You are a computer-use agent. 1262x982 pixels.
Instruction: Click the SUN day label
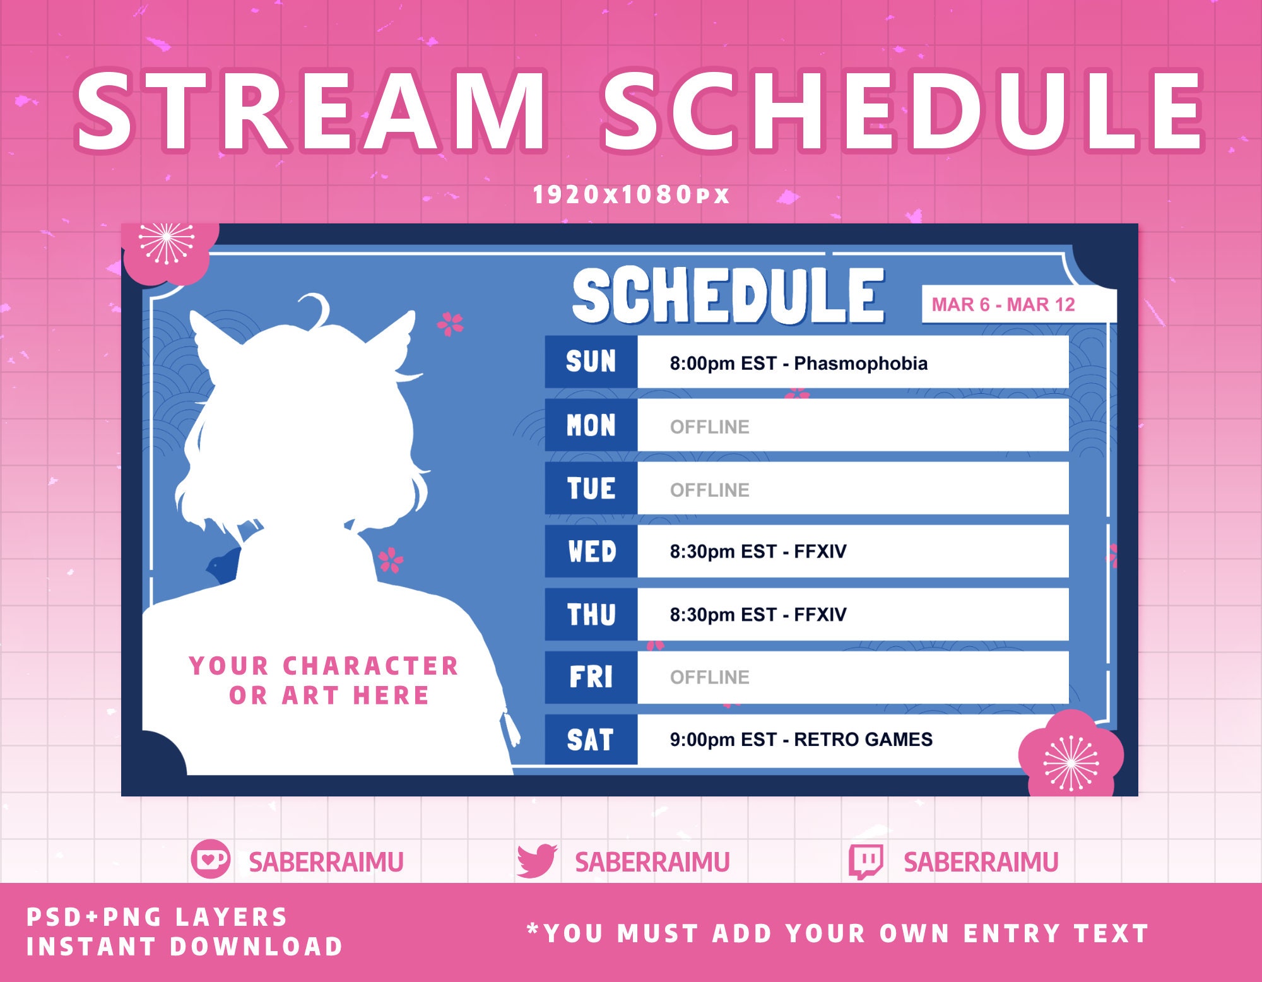coord(591,362)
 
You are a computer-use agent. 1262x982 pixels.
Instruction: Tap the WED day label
coord(591,551)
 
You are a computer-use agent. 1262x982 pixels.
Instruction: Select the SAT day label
coord(591,740)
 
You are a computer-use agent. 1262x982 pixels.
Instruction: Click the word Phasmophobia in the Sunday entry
coord(861,364)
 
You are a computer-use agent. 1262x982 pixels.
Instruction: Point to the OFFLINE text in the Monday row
coord(709,427)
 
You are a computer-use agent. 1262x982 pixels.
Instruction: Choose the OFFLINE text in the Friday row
coord(709,677)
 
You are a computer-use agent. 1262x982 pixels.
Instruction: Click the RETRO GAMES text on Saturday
coord(863,739)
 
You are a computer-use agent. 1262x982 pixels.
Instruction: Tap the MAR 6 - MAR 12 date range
coord(1003,305)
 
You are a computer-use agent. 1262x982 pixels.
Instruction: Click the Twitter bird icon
coord(536,861)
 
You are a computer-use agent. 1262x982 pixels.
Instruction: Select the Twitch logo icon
coord(866,861)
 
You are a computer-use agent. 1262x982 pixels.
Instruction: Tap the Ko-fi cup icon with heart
coord(210,859)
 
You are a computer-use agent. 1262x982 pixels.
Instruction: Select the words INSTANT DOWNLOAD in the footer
coord(184,946)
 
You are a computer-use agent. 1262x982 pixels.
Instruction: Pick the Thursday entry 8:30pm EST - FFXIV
coord(758,614)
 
